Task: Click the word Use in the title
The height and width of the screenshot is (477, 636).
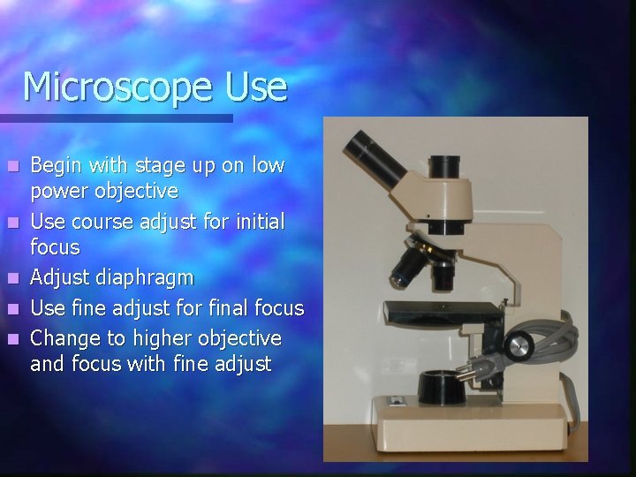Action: coord(256,87)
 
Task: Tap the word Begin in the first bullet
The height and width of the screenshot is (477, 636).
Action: coord(56,164)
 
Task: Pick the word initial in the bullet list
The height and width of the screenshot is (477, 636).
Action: coord(257,221)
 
